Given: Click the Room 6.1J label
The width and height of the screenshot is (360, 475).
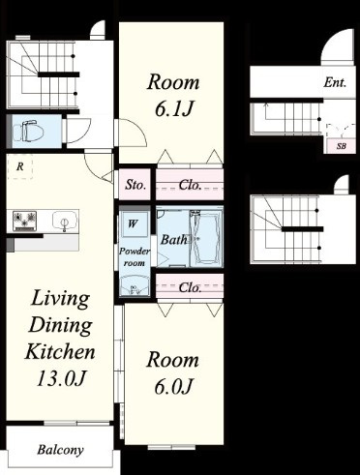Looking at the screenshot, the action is (173, 95).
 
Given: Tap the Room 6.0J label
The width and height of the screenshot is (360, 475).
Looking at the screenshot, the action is (173, 372).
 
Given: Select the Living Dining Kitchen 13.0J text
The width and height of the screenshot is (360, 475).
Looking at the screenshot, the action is (60, 338).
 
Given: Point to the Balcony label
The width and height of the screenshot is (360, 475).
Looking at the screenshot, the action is (60, 450).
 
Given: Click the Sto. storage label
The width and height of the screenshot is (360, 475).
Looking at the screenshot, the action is (135, 185).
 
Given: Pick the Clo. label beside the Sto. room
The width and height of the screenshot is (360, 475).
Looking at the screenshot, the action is (190, 185).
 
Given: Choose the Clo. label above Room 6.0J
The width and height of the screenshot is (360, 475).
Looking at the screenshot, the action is (190, 287).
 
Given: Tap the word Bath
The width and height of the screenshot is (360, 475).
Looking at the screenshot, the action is (173, 240).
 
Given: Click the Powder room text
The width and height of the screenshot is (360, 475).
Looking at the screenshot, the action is (135, 257).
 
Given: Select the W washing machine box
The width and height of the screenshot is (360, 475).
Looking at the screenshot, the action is (134, 223).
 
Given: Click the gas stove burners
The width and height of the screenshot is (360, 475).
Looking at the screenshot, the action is (24, 221).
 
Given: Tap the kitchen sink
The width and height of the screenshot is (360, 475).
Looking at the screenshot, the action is (65, 221).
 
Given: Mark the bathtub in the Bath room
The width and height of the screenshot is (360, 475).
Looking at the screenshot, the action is (205, 239).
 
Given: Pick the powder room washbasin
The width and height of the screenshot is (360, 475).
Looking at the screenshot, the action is (135, 285).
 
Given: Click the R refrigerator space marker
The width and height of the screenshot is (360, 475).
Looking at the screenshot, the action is (20, 166).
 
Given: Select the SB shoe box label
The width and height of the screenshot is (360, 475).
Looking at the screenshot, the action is (342, 146).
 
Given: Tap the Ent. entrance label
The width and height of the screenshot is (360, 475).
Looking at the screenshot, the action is (335, 83).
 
